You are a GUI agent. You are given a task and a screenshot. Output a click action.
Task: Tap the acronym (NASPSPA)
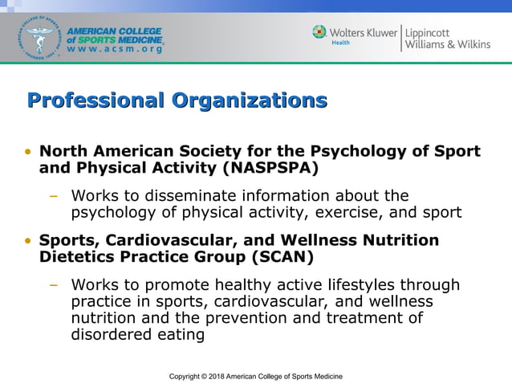[x=270, y=168]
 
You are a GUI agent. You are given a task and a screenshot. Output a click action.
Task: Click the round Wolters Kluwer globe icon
[x=319, y=32]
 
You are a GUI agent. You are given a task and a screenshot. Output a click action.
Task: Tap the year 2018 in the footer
[x=216, y=376]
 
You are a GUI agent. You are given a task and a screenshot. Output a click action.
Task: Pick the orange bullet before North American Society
[x=29, y=152]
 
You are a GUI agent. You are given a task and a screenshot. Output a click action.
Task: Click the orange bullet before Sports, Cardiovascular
[x=29, y=241]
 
